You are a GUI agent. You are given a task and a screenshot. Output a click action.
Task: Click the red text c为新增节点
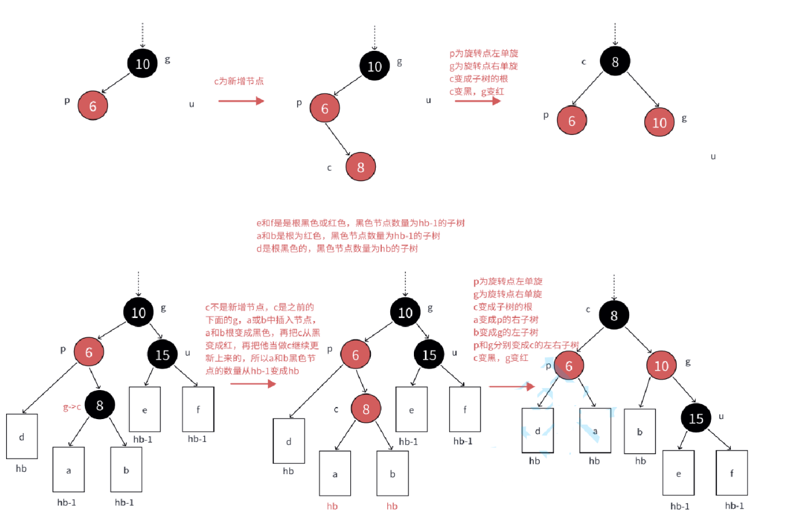pos(239,81)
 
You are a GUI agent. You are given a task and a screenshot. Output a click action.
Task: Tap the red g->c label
pos(73,408)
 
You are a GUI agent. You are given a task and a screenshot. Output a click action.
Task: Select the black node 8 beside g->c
pos(100,406)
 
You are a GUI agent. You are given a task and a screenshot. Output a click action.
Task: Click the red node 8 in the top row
pos(361,167)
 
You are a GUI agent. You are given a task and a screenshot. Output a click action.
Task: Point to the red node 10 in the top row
pos(659,122)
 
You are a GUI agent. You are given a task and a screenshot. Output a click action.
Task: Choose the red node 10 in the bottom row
pos(661,366)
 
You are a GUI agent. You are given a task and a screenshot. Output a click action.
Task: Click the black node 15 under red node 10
pos(696,418)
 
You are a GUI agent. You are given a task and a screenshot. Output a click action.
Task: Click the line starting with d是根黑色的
pos(338,248)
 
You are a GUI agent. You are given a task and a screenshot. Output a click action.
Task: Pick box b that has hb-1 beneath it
pos(125,469)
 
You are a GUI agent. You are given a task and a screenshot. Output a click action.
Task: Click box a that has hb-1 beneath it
pos(68,469)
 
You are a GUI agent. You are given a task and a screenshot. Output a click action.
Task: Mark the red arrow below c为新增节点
pos(241,101)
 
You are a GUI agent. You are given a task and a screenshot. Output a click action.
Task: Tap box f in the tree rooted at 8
pos(731,473)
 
